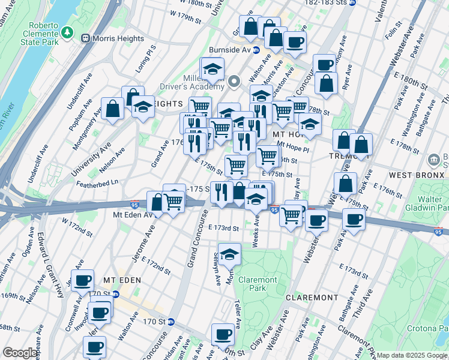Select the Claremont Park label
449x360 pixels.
[x=258, y=284]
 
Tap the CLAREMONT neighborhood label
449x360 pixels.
[x=312, y=298]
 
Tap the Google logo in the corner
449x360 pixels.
[x=20, y=353]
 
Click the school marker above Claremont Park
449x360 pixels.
[x=229, y=254]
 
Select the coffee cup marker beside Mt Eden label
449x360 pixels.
[x=82, y=280]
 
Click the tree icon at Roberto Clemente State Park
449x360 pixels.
[x=70, y=31]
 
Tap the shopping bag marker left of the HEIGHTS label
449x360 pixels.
[x=112, y=109]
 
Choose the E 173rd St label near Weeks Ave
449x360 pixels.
[x=224, y=228]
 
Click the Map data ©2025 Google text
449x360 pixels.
[x=412, y=355]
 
